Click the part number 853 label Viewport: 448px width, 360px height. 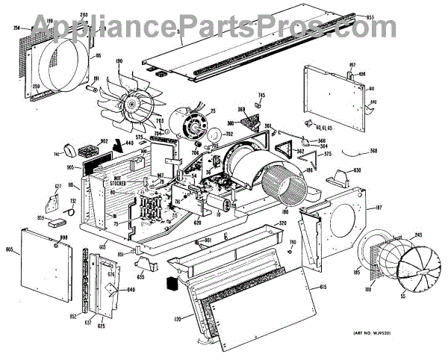[x=432, y=16]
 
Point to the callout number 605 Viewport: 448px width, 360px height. [x=10, y=249]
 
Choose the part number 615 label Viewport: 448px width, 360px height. [x=323, y=287]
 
